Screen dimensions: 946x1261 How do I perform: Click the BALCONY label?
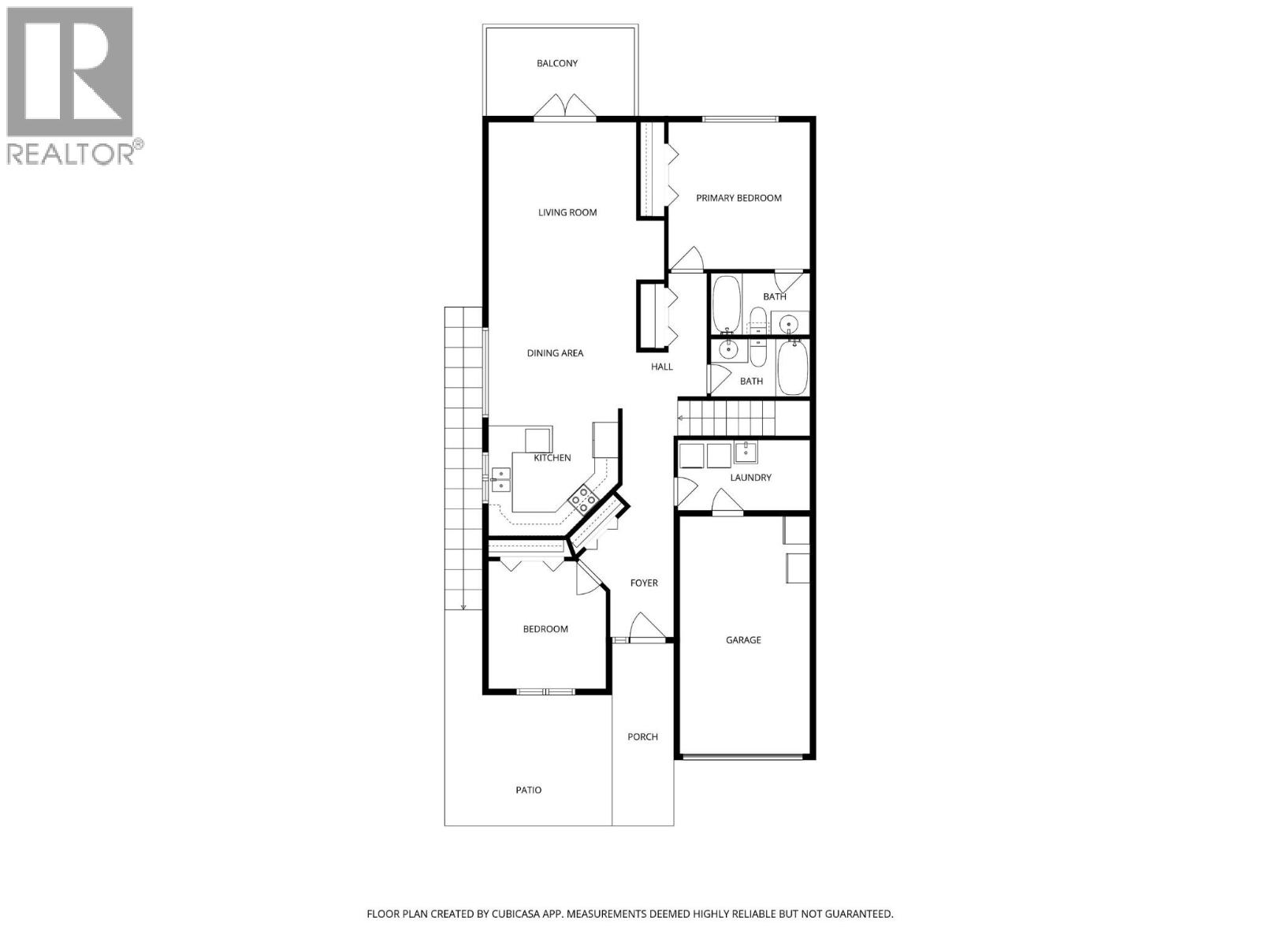[557, 63]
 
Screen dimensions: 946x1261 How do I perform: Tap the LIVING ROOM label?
[567, 212]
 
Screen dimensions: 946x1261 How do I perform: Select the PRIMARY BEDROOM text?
[738, 198]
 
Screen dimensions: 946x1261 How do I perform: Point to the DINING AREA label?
[555, 353]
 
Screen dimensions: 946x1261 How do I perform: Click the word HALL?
[662, 367]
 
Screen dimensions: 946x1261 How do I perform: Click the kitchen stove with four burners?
[582, 501]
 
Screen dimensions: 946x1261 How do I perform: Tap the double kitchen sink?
[500, 479]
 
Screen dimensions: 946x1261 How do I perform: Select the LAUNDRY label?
[750, 478]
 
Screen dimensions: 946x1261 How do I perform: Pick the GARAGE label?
[743, 640]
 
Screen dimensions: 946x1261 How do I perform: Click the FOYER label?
[644, 583]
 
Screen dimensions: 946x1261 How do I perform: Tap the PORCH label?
[642, 737]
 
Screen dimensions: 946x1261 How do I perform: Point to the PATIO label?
[529, 790]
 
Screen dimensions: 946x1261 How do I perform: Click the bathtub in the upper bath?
[726, 304]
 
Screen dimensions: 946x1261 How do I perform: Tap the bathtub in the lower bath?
[792, 367]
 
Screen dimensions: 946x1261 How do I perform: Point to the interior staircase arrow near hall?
[681, 419]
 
